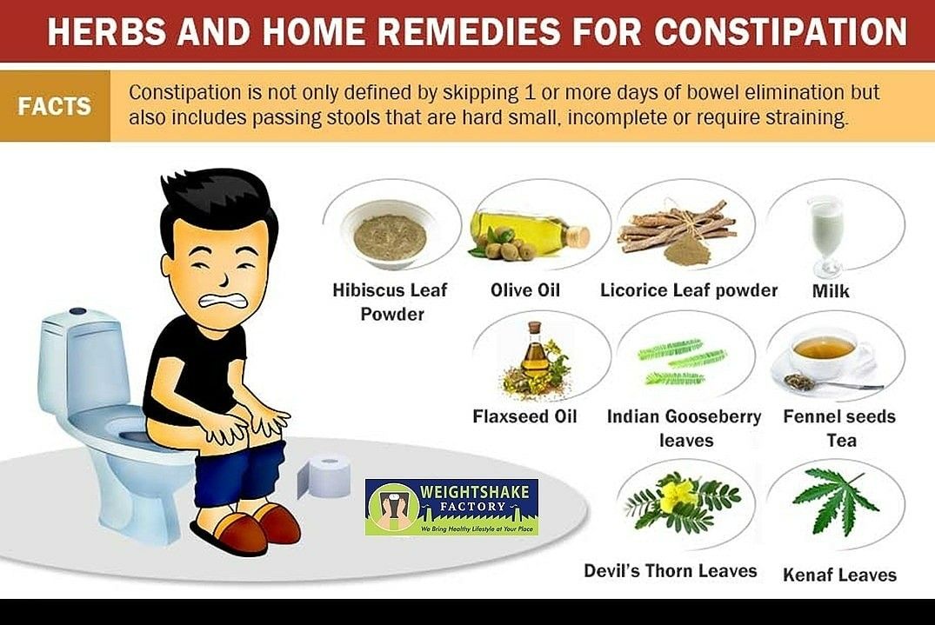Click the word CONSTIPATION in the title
point(780,31)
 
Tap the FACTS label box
point(55,106)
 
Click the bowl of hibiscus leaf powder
point(390,234)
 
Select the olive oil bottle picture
point(529,234)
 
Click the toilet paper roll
point(324,476)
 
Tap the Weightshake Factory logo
point(451,507)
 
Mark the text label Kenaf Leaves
point(839,575)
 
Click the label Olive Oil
point(525,290)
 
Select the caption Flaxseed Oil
point(524,416)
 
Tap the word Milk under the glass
point(831,291)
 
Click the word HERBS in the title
point(107,31)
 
